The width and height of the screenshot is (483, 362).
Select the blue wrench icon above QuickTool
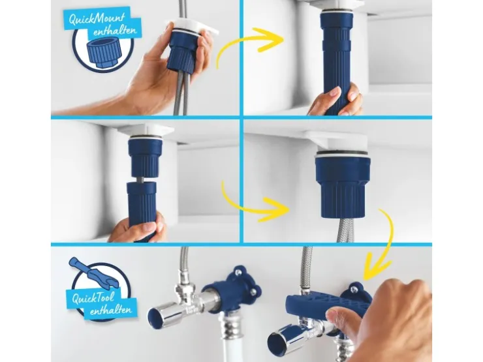pos(90,270)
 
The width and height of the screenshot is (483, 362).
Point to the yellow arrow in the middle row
pos(247,207)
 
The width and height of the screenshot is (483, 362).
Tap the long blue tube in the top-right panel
pos(336,61)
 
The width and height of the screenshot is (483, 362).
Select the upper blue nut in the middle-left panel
pos(144,158)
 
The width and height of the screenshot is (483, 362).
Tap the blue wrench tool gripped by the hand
pos(326,305)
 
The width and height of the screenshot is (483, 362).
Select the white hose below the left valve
pos(227,342)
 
